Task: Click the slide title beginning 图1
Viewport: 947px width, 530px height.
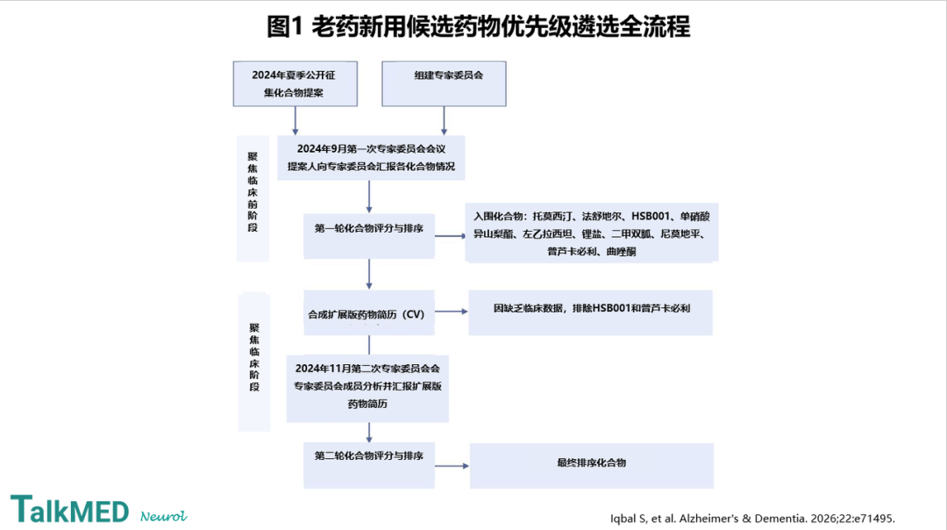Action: tap(479, 26)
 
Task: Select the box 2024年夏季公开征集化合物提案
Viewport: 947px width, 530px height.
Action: tap(295, 84)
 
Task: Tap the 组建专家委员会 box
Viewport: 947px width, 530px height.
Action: tap(444, 84)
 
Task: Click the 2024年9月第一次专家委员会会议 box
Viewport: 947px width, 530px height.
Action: tap(371, 158)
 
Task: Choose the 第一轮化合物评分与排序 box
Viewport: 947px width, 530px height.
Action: tap(369, 236)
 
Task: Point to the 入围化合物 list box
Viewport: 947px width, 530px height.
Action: tap(592, 233)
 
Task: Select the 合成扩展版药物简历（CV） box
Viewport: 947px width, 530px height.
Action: tap(369, 313)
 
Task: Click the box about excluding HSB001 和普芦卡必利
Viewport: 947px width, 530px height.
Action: tap(591, 313)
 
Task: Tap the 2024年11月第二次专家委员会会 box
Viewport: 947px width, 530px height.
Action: tap(367, 388)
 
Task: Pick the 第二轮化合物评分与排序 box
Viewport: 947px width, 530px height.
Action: tap(369, 465)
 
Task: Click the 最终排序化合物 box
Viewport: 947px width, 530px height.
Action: tap(592, 466)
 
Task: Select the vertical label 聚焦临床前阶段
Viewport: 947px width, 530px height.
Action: tap(253, 192)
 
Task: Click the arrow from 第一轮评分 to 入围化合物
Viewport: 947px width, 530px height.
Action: tap(450, 236)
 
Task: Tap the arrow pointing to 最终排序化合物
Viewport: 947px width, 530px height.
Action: tap(452, 466)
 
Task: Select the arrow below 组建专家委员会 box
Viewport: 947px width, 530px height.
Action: tap(444, 121)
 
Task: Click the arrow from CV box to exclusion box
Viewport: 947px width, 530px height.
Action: tap(452, 312)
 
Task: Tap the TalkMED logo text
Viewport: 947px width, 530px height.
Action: tap(69, 509)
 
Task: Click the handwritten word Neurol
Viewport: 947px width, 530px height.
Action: tap(164, 516)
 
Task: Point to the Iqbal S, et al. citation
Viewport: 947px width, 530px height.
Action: tap(752, 519)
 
